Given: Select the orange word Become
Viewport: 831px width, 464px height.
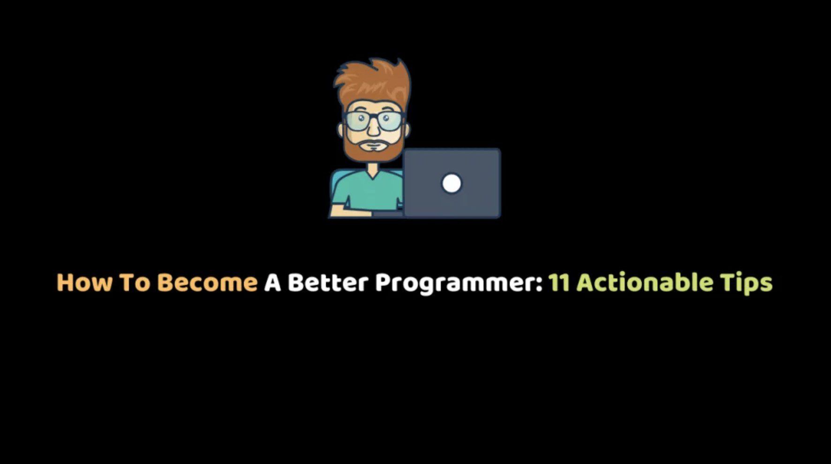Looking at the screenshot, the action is click(207, 283).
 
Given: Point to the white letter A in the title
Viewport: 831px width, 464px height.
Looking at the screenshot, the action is click(272, 283).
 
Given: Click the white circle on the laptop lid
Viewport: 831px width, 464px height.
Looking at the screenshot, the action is click(452, 183).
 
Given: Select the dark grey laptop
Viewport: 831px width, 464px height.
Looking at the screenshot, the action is click(452, 183).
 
